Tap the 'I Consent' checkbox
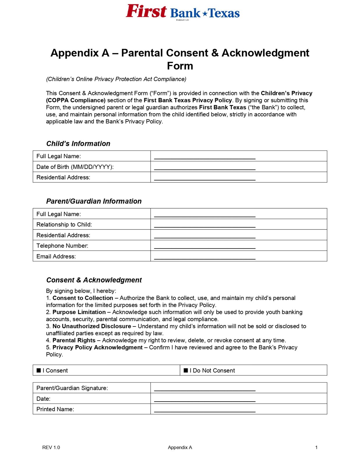tap(39, 370)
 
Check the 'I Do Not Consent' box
tap(186, 370)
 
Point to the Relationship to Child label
tap(64, 225)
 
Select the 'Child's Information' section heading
tap(78, 144)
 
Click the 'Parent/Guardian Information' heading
tap(94, 201)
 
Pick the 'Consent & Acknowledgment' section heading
tap(94, 280)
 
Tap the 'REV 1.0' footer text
tap(51, 447)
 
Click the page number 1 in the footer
tap(316, 447)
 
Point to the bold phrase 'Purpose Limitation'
tap(79, 312)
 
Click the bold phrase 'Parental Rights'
tap(74, 340)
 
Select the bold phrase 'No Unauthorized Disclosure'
tap(92, 326)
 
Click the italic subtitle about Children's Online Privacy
tap(116, 79)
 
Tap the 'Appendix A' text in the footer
tap(180, 447)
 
